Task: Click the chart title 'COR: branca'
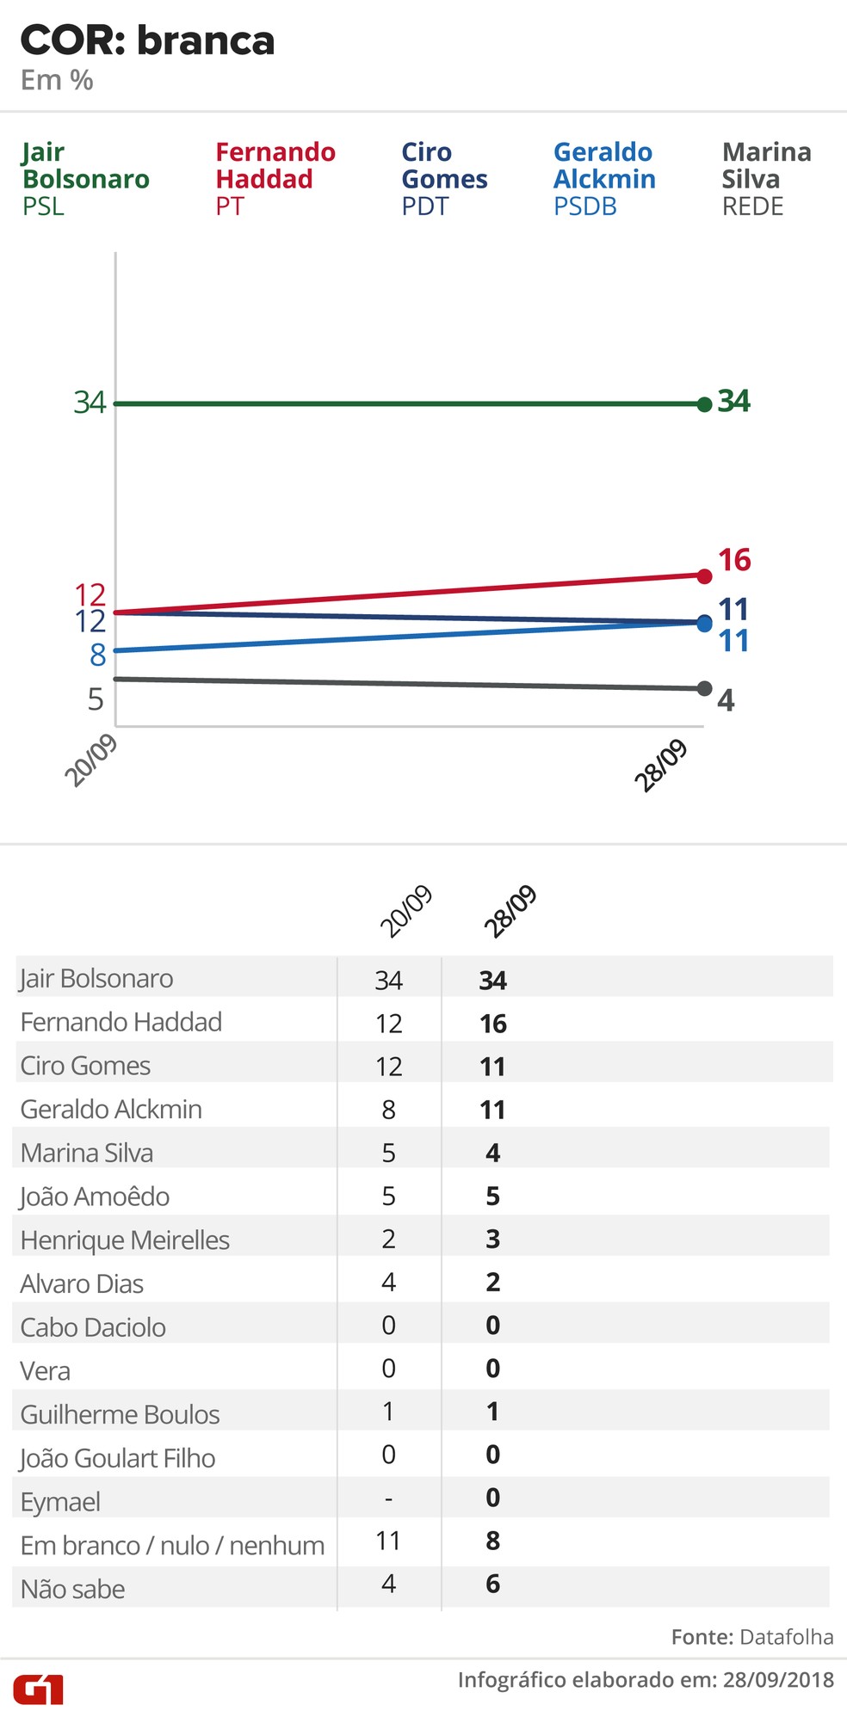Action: coord(147,40)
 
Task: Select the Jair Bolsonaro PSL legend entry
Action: coord(85,179)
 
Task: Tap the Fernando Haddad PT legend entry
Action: coord(275,179)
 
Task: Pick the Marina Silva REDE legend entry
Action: coord(765,179)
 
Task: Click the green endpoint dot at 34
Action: coord(704,403)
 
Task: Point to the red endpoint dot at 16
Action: coord(704,575)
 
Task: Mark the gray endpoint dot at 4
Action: coord(704,688)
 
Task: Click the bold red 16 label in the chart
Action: coord(734,560)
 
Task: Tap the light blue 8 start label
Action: coord(98,655)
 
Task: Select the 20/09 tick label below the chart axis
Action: coord(90,760)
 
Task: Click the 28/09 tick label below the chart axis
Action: coord(661,765)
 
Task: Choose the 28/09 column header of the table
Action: coord(510,910)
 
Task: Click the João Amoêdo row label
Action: coord(95,1197)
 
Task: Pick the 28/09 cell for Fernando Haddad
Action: coord(493,1024)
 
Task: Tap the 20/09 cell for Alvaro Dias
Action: coord(388,1283)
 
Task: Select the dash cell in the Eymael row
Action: coord(388,1499)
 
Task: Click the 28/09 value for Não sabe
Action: coord(493,1585)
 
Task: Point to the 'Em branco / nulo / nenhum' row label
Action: coord(172,1546)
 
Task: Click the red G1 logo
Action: coord(39,1689)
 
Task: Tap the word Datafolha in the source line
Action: coord(786,1637)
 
